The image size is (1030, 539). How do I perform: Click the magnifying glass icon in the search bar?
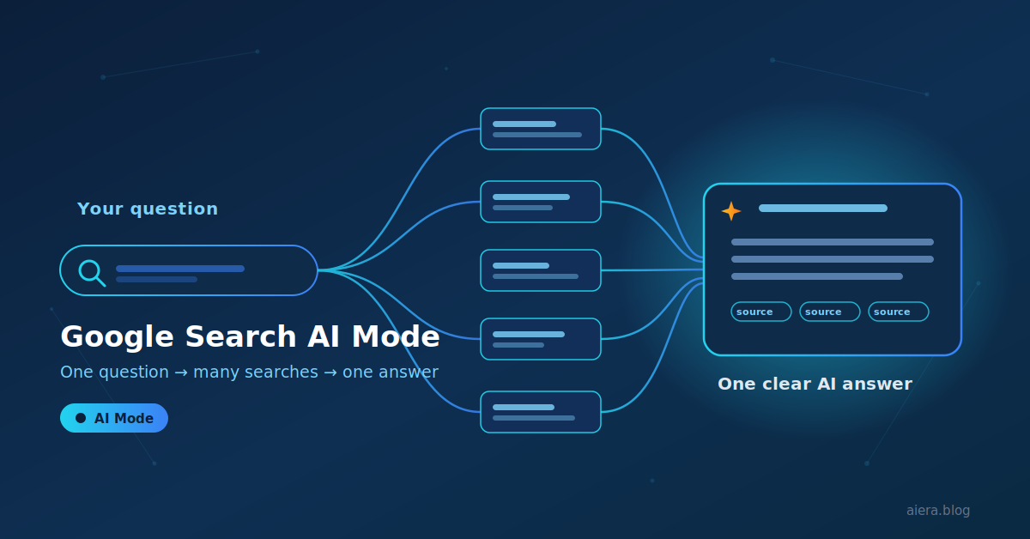click(x=91, y=272)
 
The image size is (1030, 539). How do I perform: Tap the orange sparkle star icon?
click(x=731, y=211)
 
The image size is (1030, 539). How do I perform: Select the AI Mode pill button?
click(x=114, y=418)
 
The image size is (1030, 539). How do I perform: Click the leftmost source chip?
click(x=761, y=312)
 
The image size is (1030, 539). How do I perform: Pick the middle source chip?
click(x=829, y=312)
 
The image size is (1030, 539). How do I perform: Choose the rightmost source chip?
click(x=898, y=312)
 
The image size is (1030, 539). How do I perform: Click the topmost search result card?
click(x=541, y=129)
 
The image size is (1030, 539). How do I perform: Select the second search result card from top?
click(x=541, y=202)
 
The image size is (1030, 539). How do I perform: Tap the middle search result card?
click(x=541, y=270)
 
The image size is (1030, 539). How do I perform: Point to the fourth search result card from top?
click(x=541, y=339)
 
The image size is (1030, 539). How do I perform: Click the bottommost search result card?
click(x=541, y=412)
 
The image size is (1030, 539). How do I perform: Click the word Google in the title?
click(x=118, y=337)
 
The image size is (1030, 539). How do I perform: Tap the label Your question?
click(x=148, y=209)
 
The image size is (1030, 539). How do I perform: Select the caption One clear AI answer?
click(x=815, y=384)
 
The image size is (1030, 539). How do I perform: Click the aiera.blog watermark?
click(x=938, y=511)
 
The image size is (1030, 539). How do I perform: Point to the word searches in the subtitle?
click(x=281, y=372)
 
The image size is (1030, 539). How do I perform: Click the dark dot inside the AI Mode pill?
click(x=81, y=418)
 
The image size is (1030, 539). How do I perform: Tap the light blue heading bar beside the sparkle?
click(x=823, y=209)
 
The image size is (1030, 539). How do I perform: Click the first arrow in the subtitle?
click(x=181, y=372)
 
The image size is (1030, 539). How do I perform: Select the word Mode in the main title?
click(x=396, y=336)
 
